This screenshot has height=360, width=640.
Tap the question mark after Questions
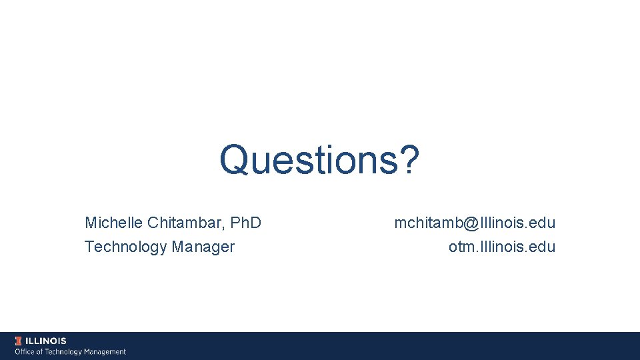point(409,161)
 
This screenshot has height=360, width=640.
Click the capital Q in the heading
point(234,161)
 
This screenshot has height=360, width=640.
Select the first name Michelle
point(113,222)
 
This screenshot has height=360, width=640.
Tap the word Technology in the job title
point(125,247)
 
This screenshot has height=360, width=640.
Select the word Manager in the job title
point(203,247)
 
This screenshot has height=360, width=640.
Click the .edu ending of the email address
point(542,223)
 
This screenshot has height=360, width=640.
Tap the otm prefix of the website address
point(461,247)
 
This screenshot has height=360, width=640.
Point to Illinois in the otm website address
point(499,247)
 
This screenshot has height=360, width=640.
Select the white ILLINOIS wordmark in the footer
point(47,341)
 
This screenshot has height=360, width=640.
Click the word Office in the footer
point(25,351)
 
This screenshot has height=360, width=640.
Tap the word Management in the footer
point(105,351)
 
